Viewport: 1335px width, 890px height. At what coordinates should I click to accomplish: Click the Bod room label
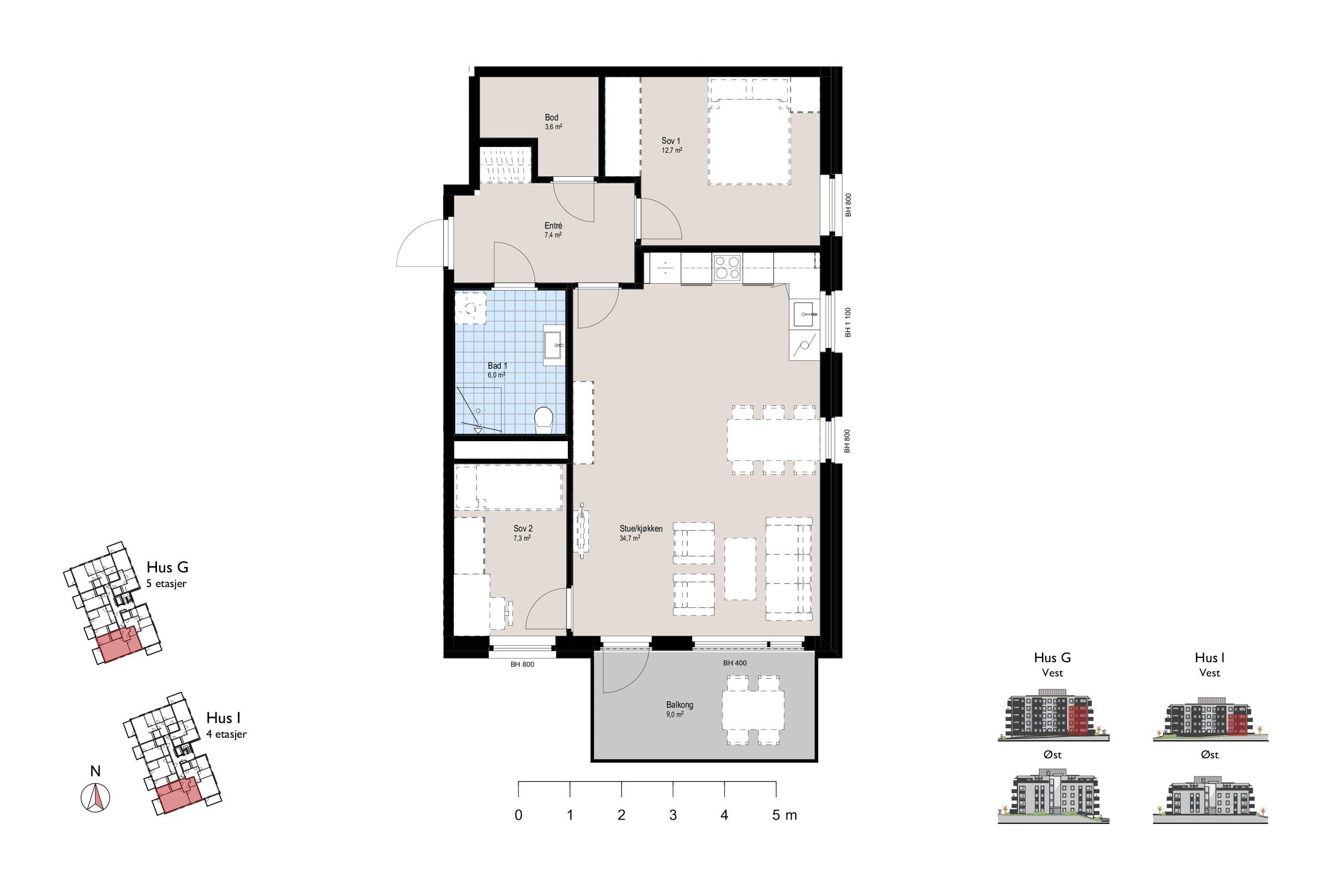point(551,117)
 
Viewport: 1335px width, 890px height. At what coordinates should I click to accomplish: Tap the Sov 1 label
point(670,141)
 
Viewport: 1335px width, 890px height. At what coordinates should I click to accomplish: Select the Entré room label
point(553,225)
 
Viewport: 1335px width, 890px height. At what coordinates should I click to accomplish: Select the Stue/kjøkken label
point(641,529)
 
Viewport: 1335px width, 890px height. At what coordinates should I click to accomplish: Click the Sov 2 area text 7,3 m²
point(522,538)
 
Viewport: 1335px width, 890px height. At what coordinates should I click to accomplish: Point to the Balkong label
point(679,705)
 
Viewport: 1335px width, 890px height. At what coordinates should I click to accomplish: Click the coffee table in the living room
point(740,569)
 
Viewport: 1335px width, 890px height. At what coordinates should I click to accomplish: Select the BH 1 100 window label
point(848,322)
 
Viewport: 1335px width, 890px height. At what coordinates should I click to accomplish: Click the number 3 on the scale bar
point(673,815)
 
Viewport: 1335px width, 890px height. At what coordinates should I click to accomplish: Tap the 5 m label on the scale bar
point(784,815)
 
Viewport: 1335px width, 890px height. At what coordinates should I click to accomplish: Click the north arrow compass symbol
point(96,797)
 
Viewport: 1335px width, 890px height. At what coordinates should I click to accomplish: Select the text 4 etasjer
point(226,734)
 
